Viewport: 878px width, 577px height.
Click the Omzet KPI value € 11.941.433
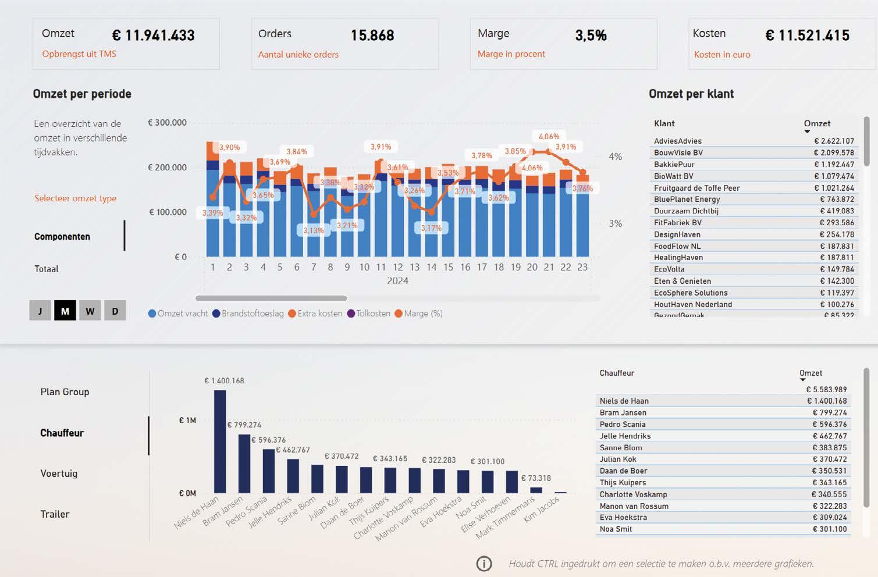pyautogui.click(x=154, y=35)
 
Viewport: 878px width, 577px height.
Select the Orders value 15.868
pyautogui.click(x=372, y=35)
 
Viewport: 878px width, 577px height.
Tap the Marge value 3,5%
pyautogui.click(x=591, y=35)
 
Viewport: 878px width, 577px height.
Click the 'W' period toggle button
pyautogui.click(x=90, y=311)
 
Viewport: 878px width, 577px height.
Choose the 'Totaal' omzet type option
pyautogui.click(x=47, y=269)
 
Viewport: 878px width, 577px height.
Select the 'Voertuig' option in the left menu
pyautogui.click(x=59, y=473)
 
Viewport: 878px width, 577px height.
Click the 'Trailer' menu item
pyautogui.click(x=55, y=514)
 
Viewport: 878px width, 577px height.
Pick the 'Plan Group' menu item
pyautogui.click(x=65, y=392)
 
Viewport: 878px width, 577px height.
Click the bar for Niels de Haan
pyautogui.click(x=220, y=442)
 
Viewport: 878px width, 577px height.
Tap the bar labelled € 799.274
pyautogui.click(x=244, y=464)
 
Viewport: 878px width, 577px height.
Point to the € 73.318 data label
pyautogui.click(x=535, y=478)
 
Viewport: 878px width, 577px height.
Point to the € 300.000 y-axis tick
pyautogui.click(x=167, y=123)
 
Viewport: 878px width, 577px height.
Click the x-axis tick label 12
pyautogui.click(x=397, y=268)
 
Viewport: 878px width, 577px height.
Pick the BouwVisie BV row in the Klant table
pyautogui.click(x=678, y=153)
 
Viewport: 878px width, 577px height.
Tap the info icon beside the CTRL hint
pyautogui.click(x=484, y=564)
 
